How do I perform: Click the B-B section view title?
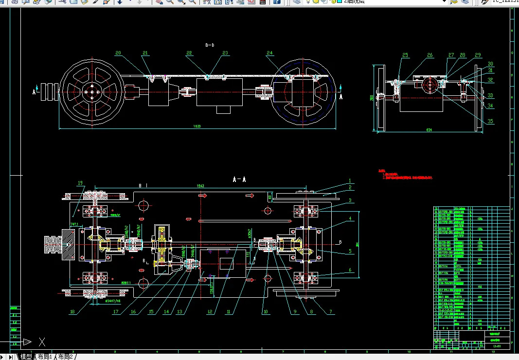coord(210,45)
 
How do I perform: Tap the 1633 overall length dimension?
coord(197,126)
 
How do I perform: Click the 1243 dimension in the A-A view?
coord(200,186)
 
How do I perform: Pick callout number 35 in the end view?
coord(490,121)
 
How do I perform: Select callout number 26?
coord(430,55)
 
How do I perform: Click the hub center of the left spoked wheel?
coord(91,91)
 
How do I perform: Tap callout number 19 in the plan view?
coord(80,183)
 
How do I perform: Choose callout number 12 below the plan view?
coord(210,312)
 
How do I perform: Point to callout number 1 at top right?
coord(349,181)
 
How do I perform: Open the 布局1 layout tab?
coord(44,357)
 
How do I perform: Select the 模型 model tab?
coord(26,357)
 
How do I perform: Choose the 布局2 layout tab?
coord(65,357)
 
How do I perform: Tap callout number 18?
coord(72,312)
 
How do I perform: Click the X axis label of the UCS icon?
coord(42,342)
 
